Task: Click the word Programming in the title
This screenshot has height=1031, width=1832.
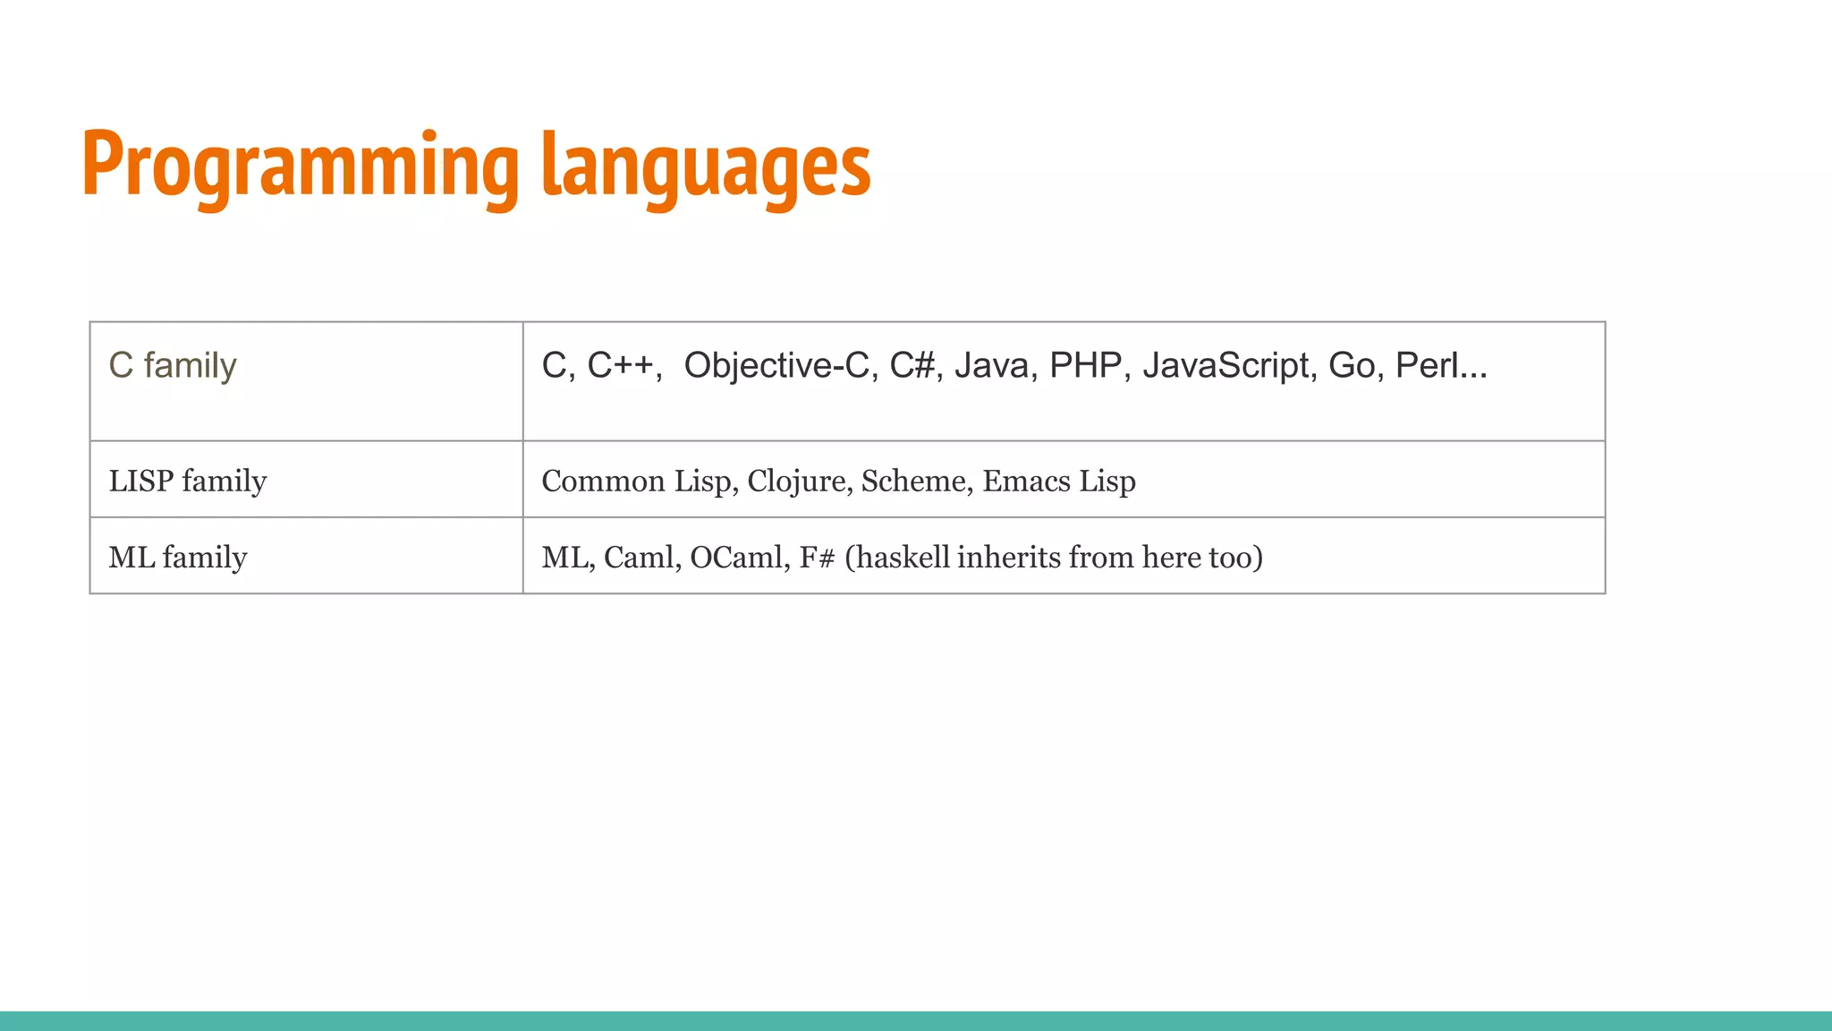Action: click(x=300, y=166)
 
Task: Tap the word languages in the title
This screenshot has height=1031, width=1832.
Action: click(x=707, y=166)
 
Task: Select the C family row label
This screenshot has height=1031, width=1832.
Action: click(x=173, y=365)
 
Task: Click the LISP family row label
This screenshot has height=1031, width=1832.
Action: click(x=188, y=481)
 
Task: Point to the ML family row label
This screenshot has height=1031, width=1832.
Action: click(x=178, y=558)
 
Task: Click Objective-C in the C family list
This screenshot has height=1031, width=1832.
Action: click(x=776, y=365)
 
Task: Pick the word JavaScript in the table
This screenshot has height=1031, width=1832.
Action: click(x=1225, y=365)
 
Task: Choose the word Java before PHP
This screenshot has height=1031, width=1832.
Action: click(x=991, y=365)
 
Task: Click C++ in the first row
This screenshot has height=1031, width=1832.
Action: click(x=621, y=365)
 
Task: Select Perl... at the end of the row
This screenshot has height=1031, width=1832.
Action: click(x=1440, y=365)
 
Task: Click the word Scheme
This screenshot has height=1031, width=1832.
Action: click(x=912, y=481)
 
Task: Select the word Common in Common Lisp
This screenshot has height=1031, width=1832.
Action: click(x=603, y=481)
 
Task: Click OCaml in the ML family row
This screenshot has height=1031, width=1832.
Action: click(x=737, y=558)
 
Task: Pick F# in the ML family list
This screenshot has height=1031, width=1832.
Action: click(x=817, y=558)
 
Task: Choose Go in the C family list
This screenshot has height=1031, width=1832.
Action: click(x=1351, y=365)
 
